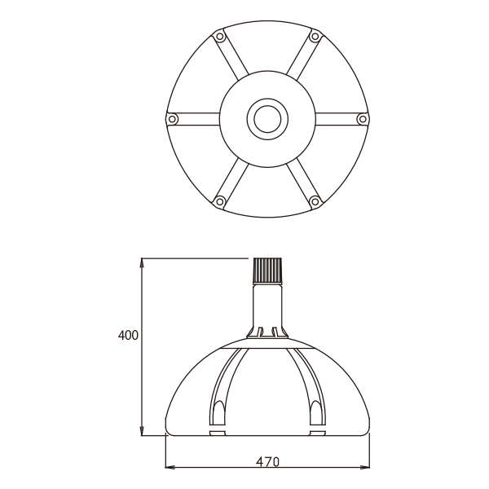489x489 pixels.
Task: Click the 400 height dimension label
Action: coord(128,335)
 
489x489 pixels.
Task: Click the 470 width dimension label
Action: coord(267,461)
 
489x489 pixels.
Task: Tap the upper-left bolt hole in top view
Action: coord(219,37)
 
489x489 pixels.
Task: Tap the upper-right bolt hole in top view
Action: coord(315,37)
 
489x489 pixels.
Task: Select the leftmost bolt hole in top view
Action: coord(172,119)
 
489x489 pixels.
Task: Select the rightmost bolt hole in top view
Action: coord(363,119)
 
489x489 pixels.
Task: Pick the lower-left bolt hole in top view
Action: coord(219,200)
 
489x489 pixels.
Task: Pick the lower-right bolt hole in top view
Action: coord(315,200)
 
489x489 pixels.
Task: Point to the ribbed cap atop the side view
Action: coord(268,270)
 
